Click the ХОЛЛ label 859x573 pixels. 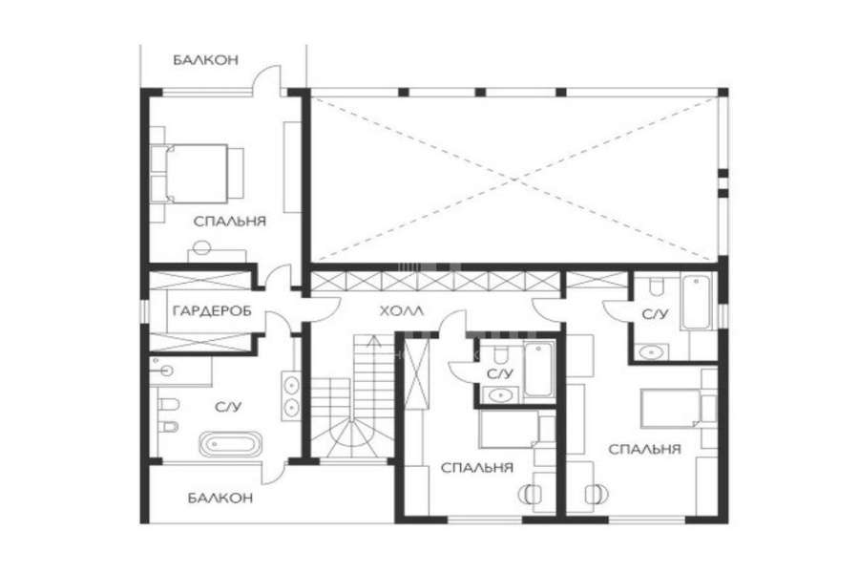(x=402, y=311)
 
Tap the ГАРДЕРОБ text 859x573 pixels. (x=213, y=311)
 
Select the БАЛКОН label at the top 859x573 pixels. (x=206, y=60)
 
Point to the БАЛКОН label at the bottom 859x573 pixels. (x=220, y=498)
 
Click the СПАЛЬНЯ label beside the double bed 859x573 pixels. (x=230, y=221)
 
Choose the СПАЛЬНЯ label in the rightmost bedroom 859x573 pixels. (x=645, y=450)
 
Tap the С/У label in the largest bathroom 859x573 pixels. (x=228, y=407)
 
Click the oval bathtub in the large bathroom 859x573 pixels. (x=229, y=443)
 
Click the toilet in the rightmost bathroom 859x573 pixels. (x=657, y=286)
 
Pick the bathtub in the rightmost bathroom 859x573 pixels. (x=696, y=302)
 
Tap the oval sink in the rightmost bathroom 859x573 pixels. (x=651, y=351)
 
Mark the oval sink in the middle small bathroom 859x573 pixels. (x=499, y=394)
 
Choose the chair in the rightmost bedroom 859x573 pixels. (x=597, y=494)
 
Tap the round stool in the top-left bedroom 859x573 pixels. (x=201, y=248)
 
